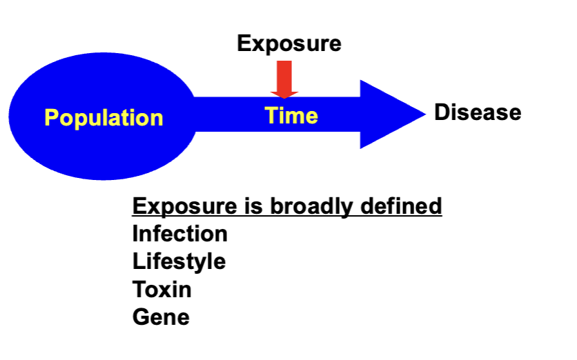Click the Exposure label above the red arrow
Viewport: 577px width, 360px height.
(x=288, y=44)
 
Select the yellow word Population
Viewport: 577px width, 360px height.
(x=104, y=118)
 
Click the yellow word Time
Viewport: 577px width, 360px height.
(x=291, y=115)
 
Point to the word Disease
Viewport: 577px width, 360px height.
(x=477, y=112)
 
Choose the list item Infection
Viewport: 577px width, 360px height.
(x=179, y=234)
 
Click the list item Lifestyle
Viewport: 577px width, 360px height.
(x=179, y=262)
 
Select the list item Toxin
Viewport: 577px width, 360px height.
(x=162, y=290)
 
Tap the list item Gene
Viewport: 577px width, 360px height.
(x=160, y=317)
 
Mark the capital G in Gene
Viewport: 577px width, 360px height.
(x=140, y=317)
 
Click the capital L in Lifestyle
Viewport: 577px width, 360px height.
(x=137, y=262)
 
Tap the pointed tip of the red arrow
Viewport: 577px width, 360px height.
(x=284, y=97)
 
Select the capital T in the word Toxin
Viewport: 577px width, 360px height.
(x=139, y=290)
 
